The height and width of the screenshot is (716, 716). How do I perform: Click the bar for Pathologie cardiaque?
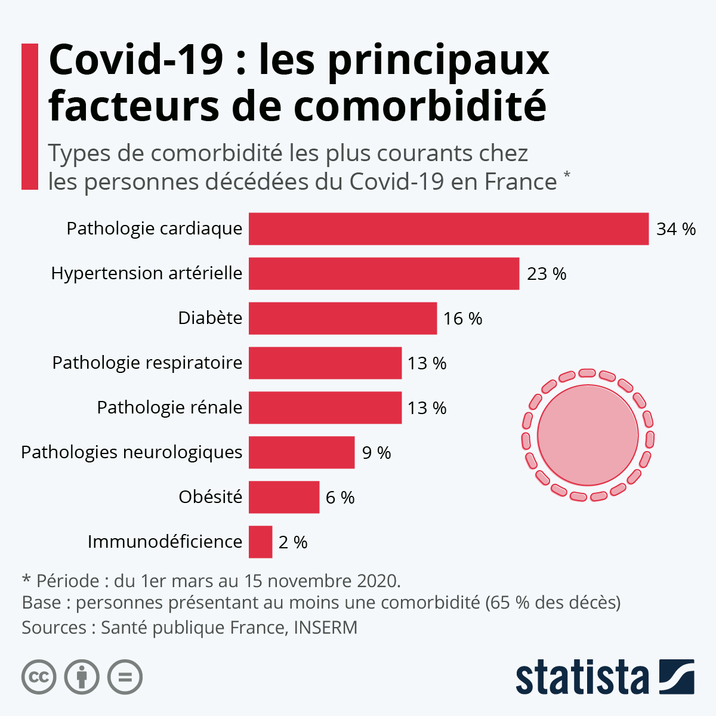[448, 229]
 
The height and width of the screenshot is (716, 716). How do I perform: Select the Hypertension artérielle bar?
[384, 273]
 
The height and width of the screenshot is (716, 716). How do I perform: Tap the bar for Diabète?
[342, 318]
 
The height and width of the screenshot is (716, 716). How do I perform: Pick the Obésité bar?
[284, 497]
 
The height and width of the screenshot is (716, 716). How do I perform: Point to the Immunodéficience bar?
[260, 542]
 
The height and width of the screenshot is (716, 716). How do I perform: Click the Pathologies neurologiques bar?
[301, 452]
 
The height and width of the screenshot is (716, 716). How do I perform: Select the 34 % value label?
[675, 229]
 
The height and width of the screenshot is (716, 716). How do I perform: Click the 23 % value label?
[546, 274]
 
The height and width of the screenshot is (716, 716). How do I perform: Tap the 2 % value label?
[292, 542]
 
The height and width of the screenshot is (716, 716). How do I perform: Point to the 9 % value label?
[376, 453]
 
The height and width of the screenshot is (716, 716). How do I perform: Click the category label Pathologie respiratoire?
[147, 363]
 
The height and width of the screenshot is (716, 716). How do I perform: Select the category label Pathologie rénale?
[169, 408]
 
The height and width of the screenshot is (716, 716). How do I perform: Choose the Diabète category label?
[210, 318]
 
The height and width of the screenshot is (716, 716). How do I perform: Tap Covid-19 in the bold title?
[136, 60]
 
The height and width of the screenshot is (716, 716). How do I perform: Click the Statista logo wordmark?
[582, 678]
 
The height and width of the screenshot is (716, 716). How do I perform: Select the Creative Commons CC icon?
[39, 677]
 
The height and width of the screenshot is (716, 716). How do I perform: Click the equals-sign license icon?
[125, 677]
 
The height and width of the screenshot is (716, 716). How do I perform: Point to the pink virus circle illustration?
[588, 434]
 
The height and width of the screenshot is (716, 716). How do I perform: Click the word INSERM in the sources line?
[325, 628]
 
